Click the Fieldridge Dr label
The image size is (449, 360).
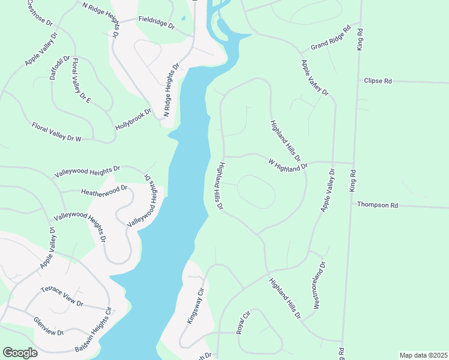tap(156, 23)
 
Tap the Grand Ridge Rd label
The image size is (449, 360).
tap(330, 38)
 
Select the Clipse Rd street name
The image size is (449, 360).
tap(378, 80)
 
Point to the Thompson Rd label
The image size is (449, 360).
tap(378, 205)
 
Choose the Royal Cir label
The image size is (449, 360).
tap(243, 322)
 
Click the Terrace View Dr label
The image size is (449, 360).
tap(62, 296)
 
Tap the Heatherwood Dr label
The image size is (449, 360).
tap(104, 190)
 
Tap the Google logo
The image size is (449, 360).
tap(19, 353)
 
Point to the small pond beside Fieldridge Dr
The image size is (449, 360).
tap(183, 20)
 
